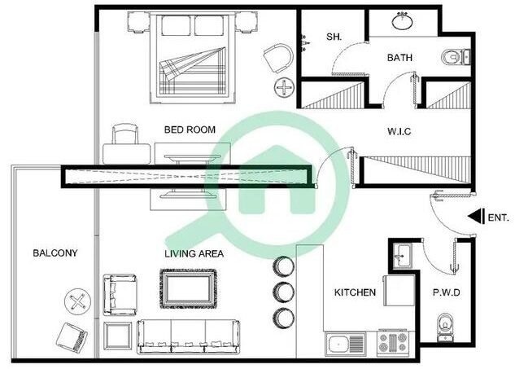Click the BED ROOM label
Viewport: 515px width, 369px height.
point(190,130)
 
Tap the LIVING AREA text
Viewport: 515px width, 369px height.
point(194,253)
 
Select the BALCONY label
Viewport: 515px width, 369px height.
point(55,253)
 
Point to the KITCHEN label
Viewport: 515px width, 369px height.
point(355,292)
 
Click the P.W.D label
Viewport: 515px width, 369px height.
point(447,292)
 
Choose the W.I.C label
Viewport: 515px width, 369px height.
point(399,131)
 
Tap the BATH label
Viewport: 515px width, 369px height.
point(399,58)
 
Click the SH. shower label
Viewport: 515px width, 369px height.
point(334,37)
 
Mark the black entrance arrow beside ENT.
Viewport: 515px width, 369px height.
point(476,217)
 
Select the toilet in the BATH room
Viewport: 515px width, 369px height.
point(456,58)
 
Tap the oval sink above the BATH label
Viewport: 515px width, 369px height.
point(403,21)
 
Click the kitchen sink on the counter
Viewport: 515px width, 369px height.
point(346,345)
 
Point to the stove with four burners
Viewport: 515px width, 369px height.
point(392,344)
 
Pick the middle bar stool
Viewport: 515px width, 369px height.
point(284,292)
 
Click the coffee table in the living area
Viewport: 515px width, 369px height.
point(189,288)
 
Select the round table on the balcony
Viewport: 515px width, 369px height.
point(77,301)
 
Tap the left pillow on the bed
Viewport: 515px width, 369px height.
point(176,25)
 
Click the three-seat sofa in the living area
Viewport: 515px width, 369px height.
point(189,336)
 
